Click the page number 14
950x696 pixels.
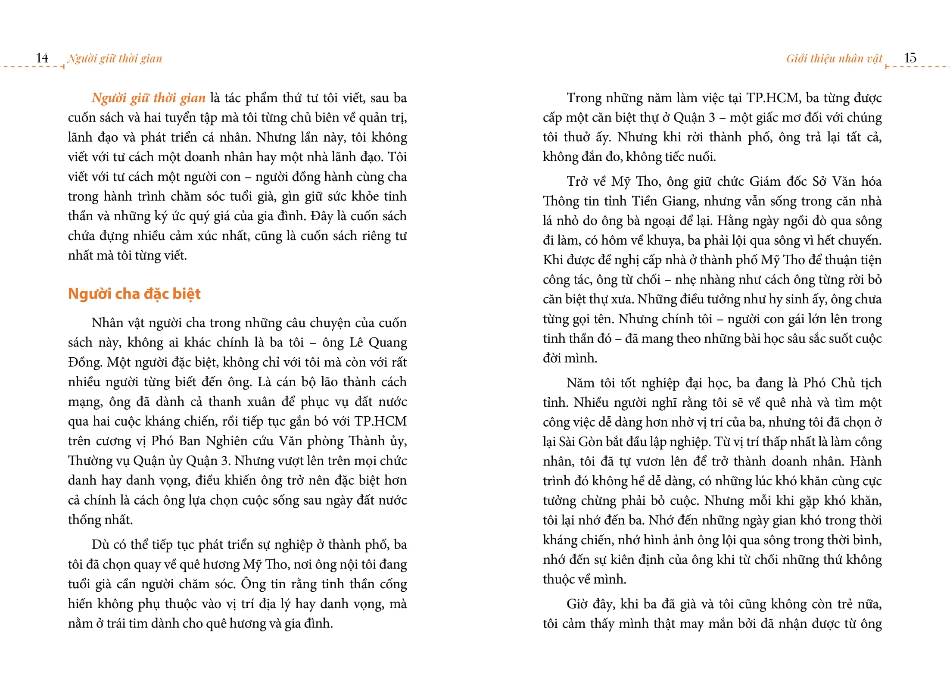coord(42,58)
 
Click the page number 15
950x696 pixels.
coord(910,58)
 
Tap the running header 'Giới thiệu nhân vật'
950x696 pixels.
coord(834,58)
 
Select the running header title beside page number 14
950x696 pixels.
coord(115,58)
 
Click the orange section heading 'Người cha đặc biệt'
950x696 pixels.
coord(134,294)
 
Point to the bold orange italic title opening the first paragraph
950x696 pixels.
coord(148,98)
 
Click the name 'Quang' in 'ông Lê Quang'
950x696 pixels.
coord(388,343)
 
